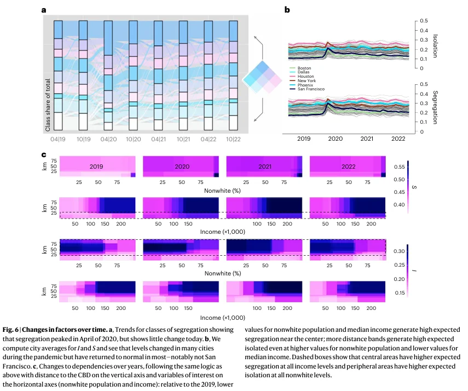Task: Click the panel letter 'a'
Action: click(43, 10)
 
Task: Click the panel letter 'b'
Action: click(287, 10)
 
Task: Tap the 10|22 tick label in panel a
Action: click(233, 140)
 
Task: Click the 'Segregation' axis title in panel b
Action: click(434, 108)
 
